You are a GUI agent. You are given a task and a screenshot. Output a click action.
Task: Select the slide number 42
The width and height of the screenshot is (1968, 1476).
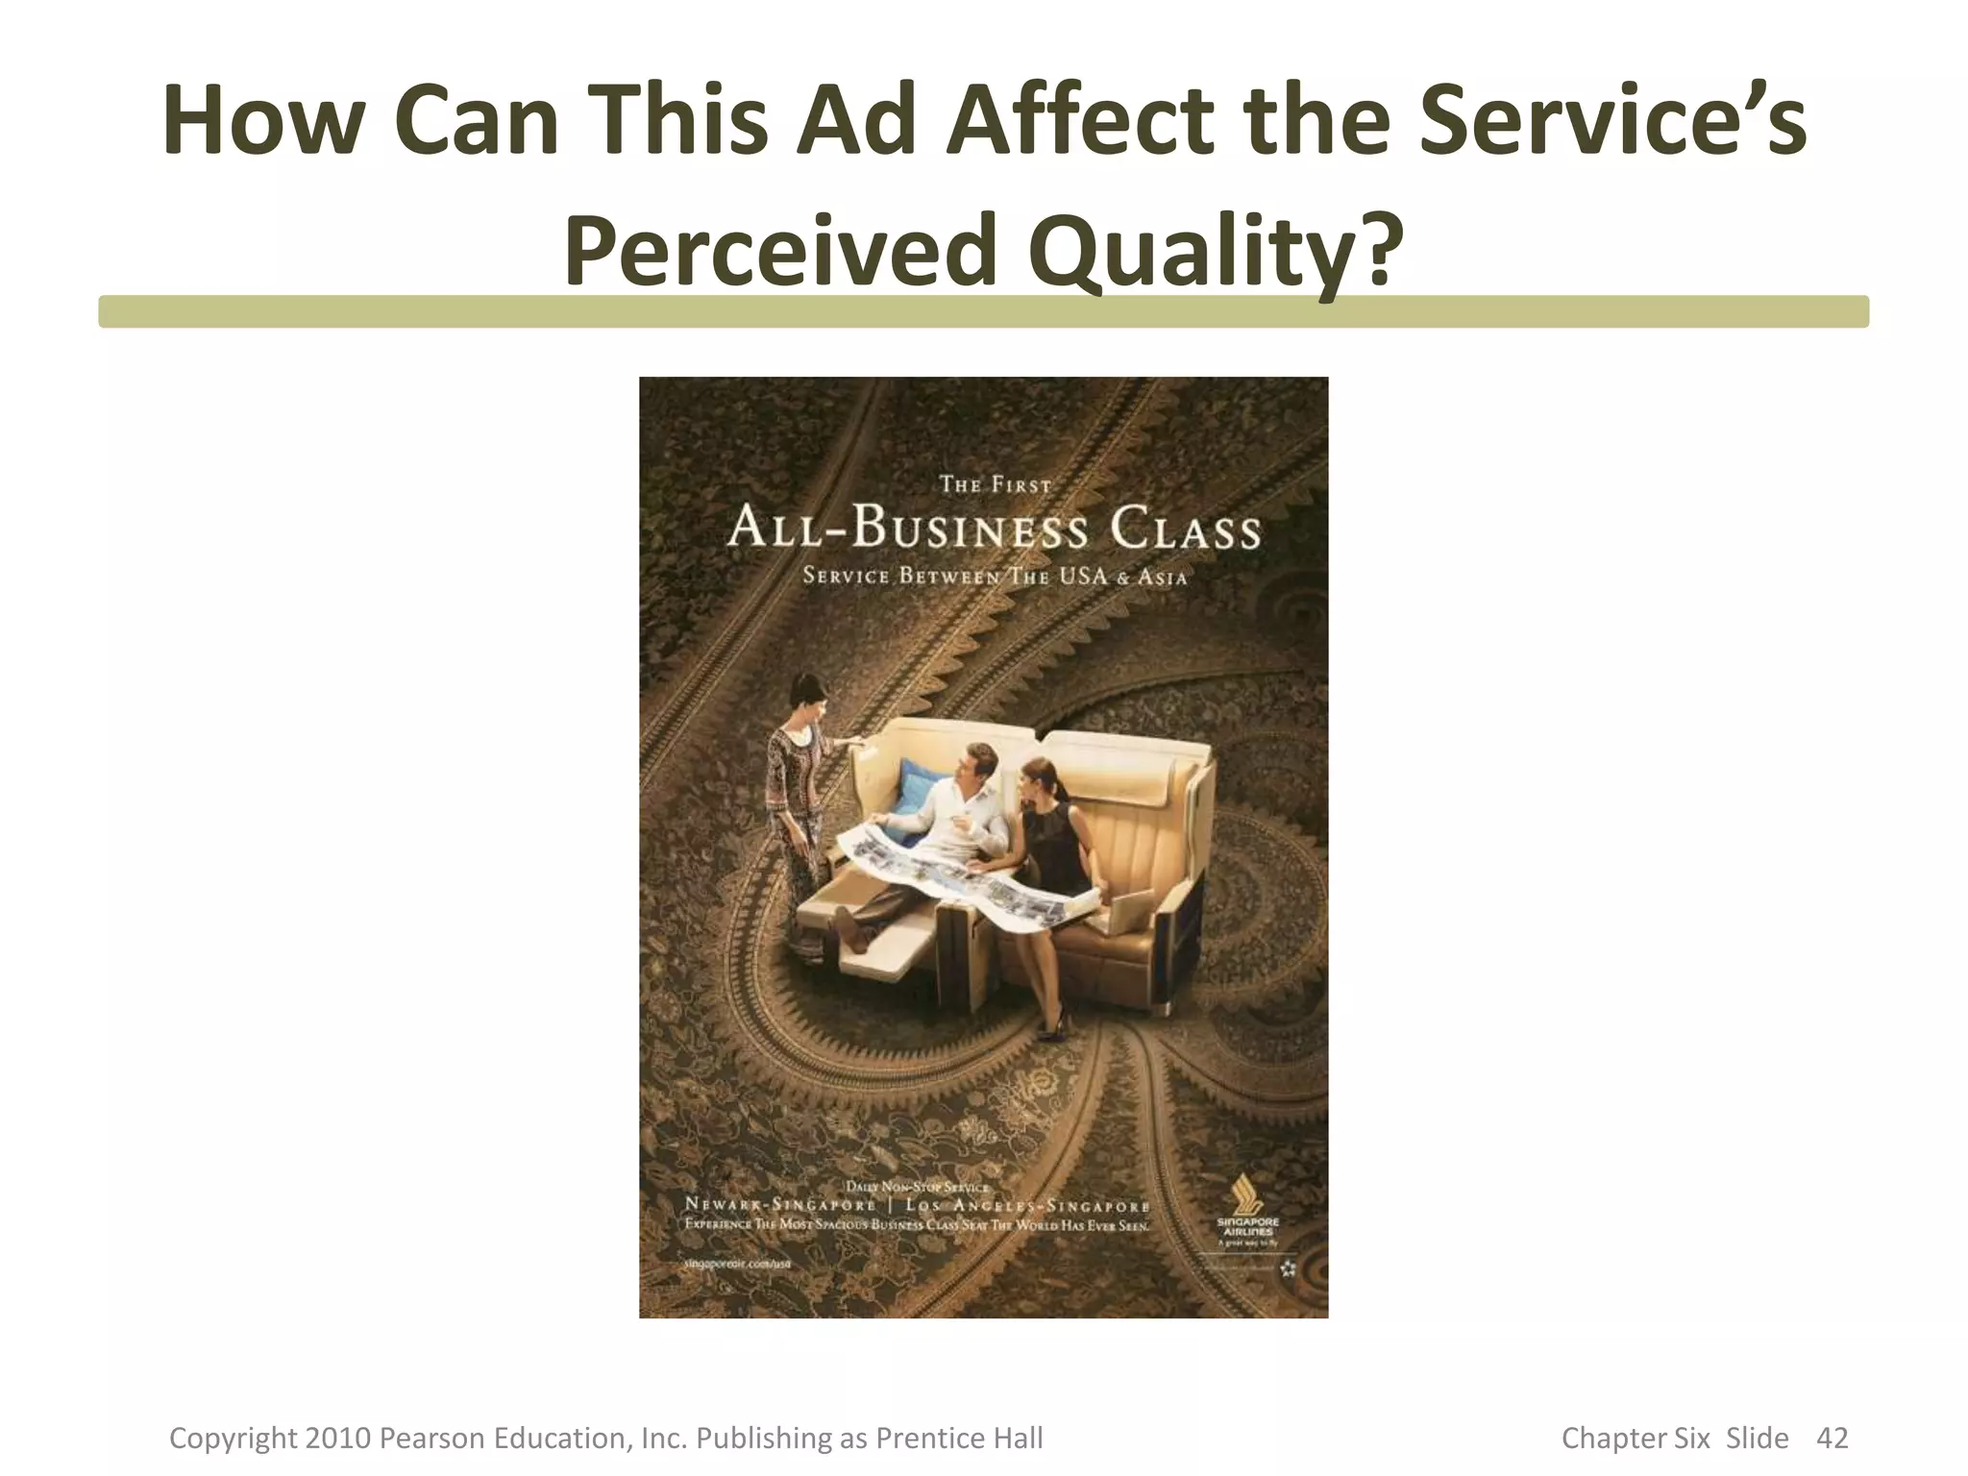(1833, 1439)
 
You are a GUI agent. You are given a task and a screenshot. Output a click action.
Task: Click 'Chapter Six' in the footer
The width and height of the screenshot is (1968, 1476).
(1636, 1439)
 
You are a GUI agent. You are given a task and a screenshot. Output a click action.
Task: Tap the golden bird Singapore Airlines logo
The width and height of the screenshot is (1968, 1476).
(1248, 1195)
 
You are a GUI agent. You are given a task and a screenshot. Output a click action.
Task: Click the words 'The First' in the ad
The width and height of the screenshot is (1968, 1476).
(996, 485)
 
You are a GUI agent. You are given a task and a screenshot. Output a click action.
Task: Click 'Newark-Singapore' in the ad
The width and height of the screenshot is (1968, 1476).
(780, 1205)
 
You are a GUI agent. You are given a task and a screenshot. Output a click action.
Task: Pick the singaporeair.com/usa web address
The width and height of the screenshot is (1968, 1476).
(737, 1265)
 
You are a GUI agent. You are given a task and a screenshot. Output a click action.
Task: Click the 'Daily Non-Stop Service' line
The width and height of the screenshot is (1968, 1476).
(918, 1187)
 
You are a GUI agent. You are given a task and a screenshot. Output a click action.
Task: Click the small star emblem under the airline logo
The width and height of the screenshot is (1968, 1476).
(1288, 1269)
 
